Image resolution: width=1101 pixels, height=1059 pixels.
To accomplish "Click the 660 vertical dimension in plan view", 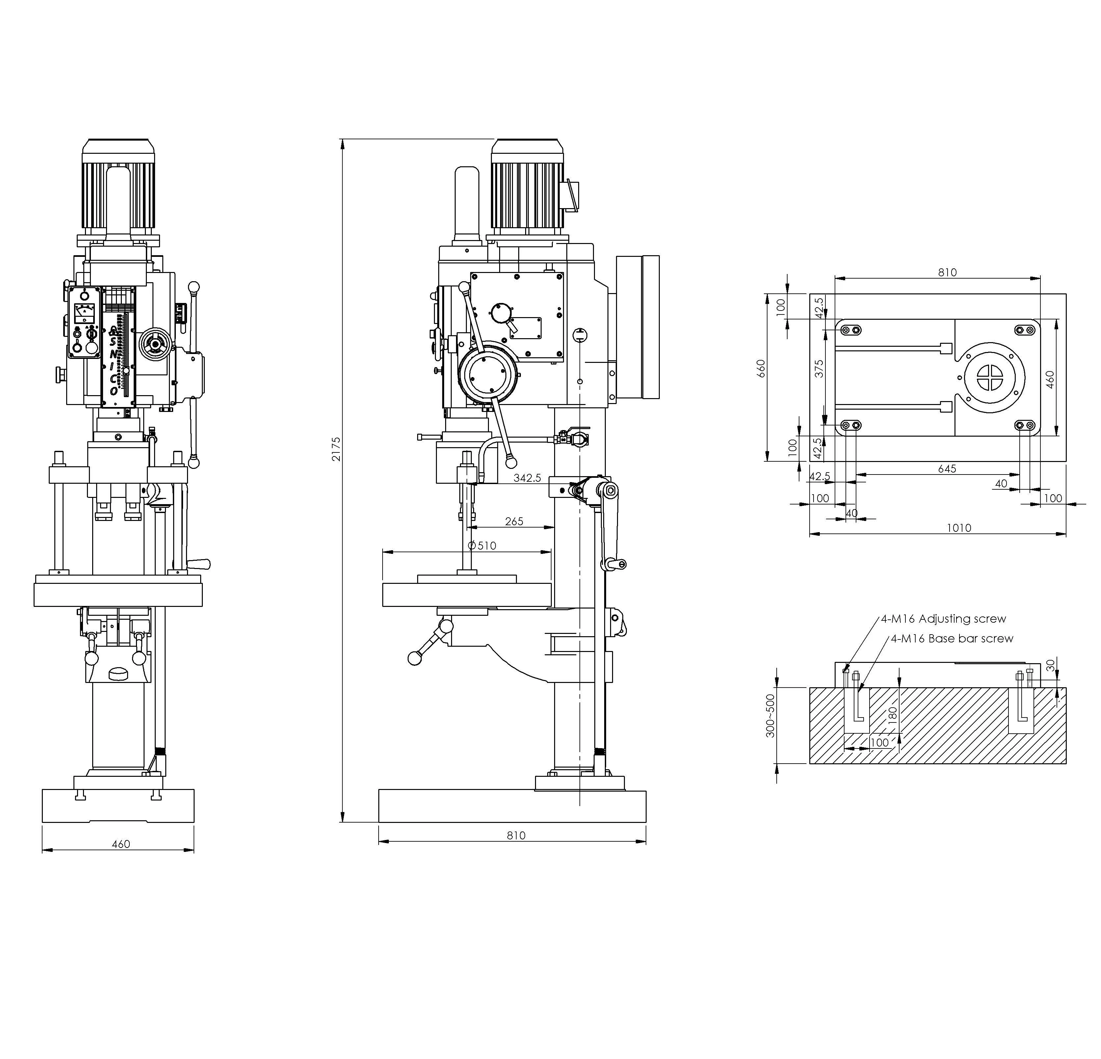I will coord(761,368).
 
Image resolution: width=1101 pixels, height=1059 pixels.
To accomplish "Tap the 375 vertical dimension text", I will coord(819,368).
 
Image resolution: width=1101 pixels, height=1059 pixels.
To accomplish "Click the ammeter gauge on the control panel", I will coord(84,312).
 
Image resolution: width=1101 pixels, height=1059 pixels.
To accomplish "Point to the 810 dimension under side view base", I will coord(516,835).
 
